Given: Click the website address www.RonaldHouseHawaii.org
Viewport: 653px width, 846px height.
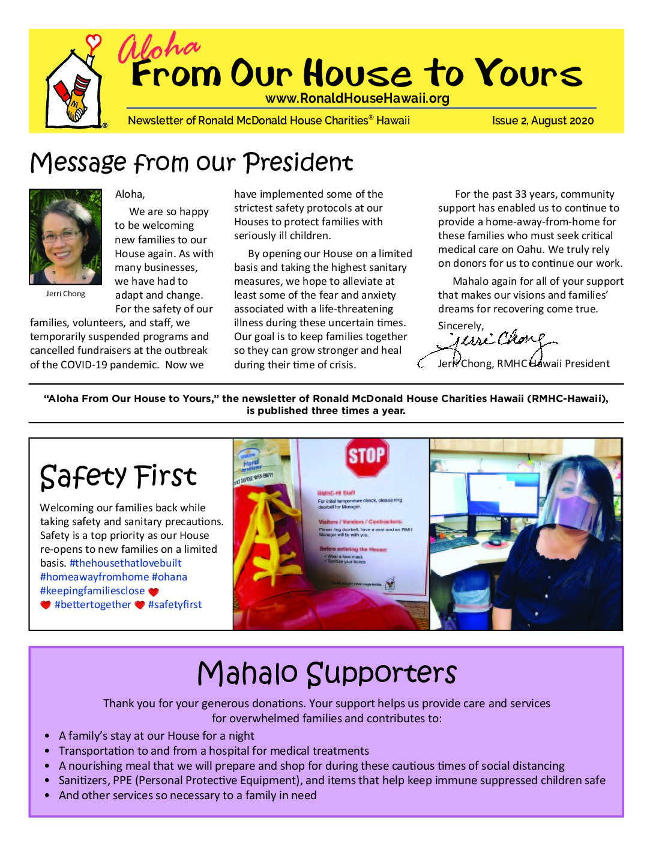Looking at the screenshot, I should click(357, 99).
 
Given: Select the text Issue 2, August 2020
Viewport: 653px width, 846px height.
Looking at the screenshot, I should click(543, 121).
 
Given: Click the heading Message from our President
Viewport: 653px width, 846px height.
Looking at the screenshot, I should click(191, 163).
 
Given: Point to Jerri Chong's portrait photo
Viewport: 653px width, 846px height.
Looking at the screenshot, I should click(65, 237).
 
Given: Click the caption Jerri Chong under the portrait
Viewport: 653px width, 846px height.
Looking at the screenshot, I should click(65, 294).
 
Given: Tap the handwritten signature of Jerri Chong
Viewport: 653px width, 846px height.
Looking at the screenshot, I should click(492, 344).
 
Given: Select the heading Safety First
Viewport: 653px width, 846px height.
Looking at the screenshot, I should click(118, 476).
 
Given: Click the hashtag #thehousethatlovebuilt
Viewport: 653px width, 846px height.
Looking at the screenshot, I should click(125, 563).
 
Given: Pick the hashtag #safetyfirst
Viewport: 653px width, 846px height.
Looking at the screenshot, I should click(175, 604).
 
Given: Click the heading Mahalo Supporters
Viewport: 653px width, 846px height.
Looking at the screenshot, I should click(326, 674).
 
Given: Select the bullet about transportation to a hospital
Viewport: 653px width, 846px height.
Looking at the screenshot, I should click(214, 751).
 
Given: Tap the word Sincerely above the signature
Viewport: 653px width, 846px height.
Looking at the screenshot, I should click(460, 326).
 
